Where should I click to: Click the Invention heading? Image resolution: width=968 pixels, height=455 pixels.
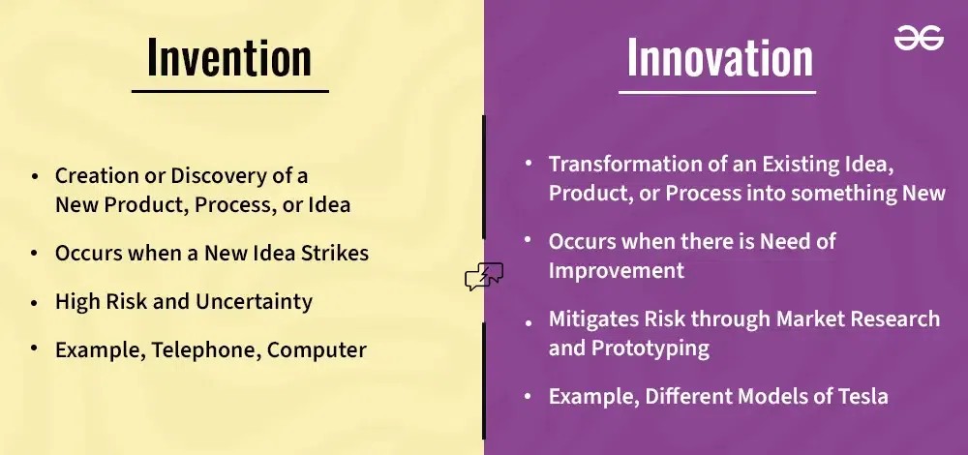point(229,57)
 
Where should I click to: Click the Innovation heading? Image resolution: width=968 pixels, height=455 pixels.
point(720,57)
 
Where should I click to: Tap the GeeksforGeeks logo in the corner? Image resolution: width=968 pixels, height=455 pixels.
point(919,39)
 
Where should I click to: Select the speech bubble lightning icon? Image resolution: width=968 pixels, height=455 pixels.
point(484,276)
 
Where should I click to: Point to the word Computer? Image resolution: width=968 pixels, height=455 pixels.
point(317,351)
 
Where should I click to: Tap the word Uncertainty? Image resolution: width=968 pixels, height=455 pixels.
point(254,302)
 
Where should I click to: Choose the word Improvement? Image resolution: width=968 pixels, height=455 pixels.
point(616,271)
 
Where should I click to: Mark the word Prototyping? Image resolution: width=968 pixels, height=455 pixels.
point(650,349)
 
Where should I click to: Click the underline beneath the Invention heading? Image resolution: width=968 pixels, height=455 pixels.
point(229,91)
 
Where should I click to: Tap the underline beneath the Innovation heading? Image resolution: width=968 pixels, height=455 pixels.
point(717,92)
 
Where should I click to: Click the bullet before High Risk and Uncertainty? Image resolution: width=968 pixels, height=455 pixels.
point(35,302)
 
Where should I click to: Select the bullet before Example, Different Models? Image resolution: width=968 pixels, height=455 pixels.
point(528,396)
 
